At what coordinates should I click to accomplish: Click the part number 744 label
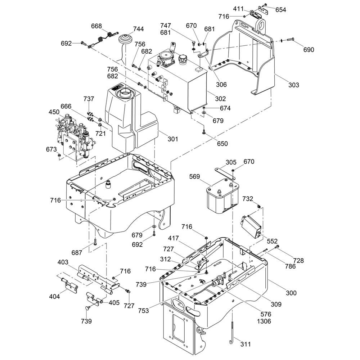click(x=139, y=29)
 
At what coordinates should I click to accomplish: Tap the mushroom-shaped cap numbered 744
click(x=126, y=39)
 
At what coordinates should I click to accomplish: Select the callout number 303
click(x=294, y=85)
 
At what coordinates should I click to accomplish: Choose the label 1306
click(x=264, y=321)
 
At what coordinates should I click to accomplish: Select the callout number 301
click(x=173, y=139)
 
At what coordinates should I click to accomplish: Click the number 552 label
click(x=272, y=241)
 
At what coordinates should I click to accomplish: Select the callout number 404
click(x=55, y=296)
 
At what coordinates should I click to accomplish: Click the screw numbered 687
click(x=95, y=242)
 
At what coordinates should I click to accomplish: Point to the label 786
click(x=290, y=266)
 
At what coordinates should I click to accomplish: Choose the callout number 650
click(x=222, y=144)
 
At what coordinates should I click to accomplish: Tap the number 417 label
click(x=174, y=238)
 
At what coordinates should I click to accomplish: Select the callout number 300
click(x=291, y=293)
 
